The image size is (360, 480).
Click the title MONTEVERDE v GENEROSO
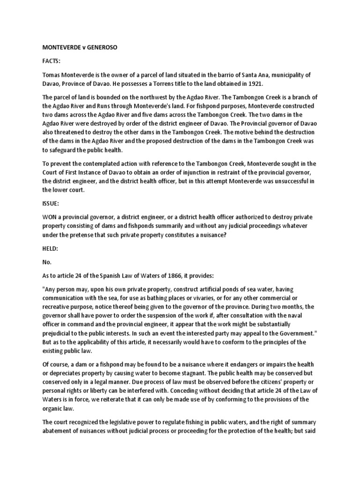tap(77, 47)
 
